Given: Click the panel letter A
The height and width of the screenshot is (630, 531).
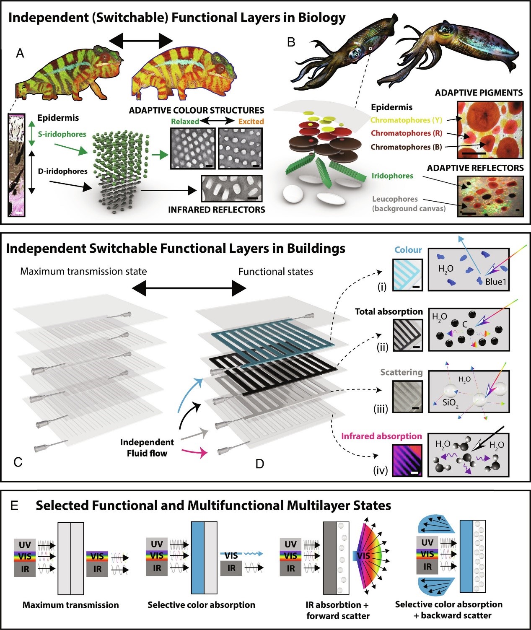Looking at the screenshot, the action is [x=20, y=53].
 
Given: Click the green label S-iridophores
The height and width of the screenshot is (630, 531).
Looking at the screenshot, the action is [x=62, y=134].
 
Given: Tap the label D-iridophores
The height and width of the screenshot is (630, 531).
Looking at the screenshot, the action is [x=62, y=171].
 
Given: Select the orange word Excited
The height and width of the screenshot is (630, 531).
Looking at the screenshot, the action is [x=251, y=121].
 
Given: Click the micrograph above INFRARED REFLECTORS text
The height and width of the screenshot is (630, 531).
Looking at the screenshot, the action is [x=232, y=189].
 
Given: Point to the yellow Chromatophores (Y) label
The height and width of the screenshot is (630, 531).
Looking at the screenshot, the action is [x=406, y=120].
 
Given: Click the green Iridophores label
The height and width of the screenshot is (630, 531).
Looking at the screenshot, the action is [x=392, y=176].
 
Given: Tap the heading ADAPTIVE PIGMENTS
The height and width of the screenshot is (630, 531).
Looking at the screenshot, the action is [x=479, y=93].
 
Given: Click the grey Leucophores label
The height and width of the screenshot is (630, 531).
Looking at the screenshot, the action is [x=395, y=199].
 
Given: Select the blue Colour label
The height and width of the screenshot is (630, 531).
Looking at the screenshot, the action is [x=408, y=250].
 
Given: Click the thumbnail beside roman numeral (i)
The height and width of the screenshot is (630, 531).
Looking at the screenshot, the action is [x=408, y=275].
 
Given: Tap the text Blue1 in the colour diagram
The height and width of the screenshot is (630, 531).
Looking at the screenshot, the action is [x=496, y=282].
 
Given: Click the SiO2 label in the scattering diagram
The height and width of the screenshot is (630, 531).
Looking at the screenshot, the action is [x=451, y=403].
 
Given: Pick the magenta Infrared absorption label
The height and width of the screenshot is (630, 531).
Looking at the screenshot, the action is [x=381, y=436].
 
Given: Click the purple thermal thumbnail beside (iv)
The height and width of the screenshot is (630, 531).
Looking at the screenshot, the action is [x=407, y=460].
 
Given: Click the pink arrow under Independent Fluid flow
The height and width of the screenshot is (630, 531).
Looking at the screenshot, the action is [x=194, y=453].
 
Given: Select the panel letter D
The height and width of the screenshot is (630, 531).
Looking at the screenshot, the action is [x=259, y=464].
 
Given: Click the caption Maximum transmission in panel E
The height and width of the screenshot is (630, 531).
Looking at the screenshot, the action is [x=70, y=605].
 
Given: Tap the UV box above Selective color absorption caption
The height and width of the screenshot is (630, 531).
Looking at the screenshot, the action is [x=157, y=544].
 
